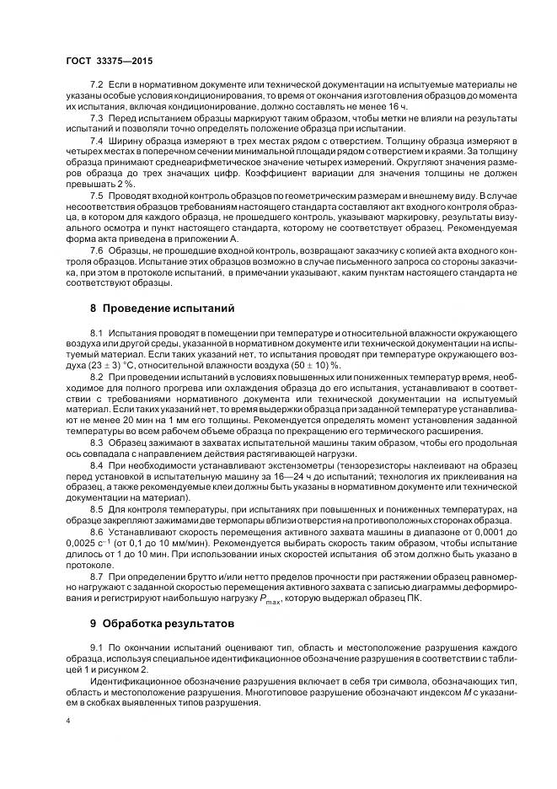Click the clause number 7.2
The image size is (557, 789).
pos(96,87)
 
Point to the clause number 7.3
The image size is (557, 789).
pos(96,117)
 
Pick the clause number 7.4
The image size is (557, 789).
pos(96,138)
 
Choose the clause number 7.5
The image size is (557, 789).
pos(96,194)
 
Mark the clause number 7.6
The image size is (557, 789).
pos(96,250)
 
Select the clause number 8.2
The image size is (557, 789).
pos(96,376)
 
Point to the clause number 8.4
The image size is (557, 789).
pos(96,464)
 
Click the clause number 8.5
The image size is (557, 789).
pos(96,510)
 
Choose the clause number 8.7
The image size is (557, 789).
pos(96,576)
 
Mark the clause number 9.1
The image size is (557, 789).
pos(96,646)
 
